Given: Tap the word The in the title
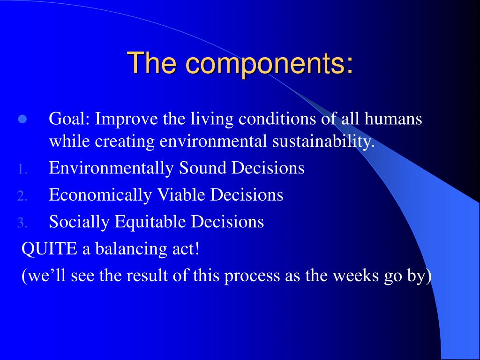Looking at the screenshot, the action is point(154,62).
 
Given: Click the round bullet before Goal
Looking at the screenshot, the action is point(22,119).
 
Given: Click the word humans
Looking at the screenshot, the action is point(393,119).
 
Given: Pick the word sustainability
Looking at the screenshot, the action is point(323,142).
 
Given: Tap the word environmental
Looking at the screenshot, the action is point(213,142).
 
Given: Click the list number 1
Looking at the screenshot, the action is point(22,169).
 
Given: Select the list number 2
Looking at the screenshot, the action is point(22,196).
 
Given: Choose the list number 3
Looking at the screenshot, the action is point(22,223).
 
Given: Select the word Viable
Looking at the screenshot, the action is point(181,195).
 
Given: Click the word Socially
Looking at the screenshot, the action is point(79,222).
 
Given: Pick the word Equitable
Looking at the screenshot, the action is point(150,222).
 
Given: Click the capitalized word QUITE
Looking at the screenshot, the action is point(49,248).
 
